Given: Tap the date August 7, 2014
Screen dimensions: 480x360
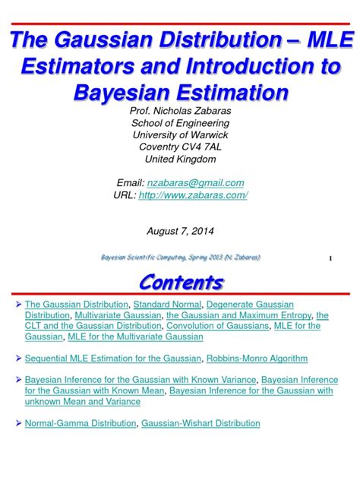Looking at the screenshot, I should [179, 229].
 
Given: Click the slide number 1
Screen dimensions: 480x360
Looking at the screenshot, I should [331, 259].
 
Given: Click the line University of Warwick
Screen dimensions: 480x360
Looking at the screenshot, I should [179, 135].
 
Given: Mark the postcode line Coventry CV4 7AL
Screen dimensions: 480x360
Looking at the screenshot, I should [179, 147].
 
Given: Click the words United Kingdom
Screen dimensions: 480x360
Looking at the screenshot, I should [179, 159].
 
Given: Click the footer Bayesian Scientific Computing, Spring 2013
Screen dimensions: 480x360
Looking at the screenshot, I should [180, 257].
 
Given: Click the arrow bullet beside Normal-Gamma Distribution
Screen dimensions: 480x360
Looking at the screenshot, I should [19, 423].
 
